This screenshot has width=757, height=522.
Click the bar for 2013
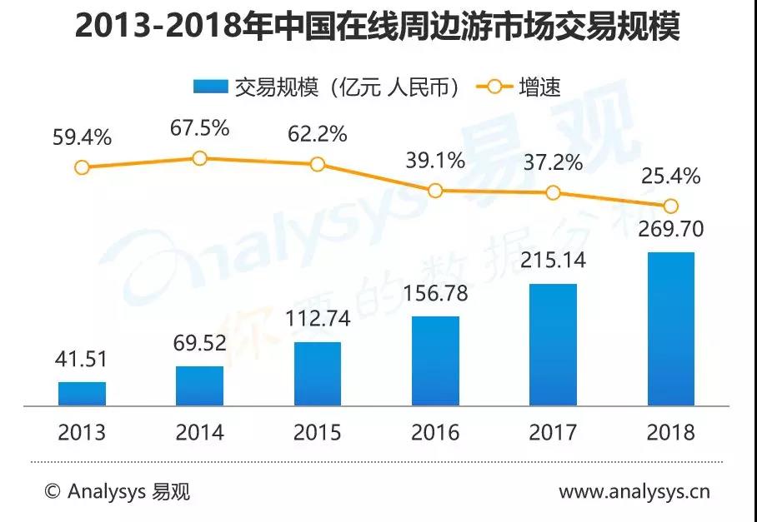(x=82, y=394)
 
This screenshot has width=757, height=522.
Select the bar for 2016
(x=435, y=360)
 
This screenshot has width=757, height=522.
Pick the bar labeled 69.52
(x=199, y=385)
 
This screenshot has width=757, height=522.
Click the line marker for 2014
(x=199, y=158)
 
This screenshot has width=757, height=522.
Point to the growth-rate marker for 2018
(x=670, y=206)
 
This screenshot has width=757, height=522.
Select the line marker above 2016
(x=435, y=191)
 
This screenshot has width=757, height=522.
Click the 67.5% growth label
(x=199, y=130)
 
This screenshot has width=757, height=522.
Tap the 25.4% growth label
(x=670, y=176)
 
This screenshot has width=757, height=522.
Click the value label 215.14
(x=554, y=260)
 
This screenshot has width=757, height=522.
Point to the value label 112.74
(x=318, y=318)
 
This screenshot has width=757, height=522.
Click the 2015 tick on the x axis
(x=318, y=432)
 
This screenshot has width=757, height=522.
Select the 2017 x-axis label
(x=554, y=432)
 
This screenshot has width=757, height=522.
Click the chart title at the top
(x=378, y=28)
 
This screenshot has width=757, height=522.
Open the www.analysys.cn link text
(x=634, y=491)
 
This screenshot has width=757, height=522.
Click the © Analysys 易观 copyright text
(x=117, y=491)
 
